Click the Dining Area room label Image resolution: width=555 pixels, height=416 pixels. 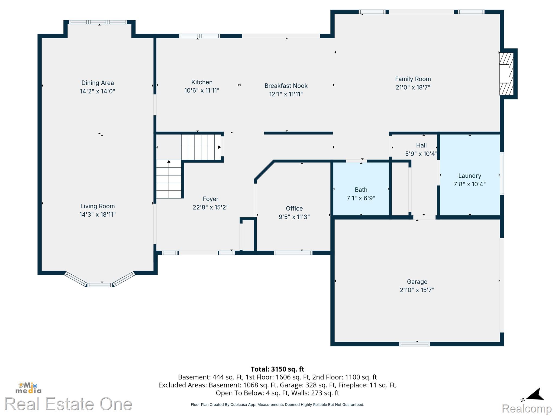point(98,83)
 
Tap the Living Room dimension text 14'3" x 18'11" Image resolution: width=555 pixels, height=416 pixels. point(98,214)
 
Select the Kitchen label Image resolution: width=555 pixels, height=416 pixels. point(202,82)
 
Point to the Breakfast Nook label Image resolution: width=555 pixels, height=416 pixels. point(286,86)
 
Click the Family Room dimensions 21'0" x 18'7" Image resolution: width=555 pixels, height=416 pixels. point(413,87)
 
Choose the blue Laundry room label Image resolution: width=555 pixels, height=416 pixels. point(470,176)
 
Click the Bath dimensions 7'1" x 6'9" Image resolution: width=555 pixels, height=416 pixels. point(361,198)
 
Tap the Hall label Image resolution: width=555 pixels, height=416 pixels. point(421,145)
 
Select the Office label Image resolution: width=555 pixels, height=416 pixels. point(294,209)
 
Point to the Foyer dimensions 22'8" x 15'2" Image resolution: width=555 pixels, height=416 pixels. point(211,207)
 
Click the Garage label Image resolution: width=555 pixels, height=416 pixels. point(417,282)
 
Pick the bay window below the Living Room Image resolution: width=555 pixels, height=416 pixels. point(100,279)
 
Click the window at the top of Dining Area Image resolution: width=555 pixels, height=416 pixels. point(98,22)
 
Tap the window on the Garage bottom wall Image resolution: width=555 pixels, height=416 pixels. point(414,344)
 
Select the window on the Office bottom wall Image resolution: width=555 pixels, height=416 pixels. point(293,253)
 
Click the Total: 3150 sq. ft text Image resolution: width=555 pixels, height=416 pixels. point(277,369)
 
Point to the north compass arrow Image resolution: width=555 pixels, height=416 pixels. point(535,394)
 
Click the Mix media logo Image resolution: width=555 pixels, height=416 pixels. point(28,388)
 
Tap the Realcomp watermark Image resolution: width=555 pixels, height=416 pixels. point(527,409)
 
